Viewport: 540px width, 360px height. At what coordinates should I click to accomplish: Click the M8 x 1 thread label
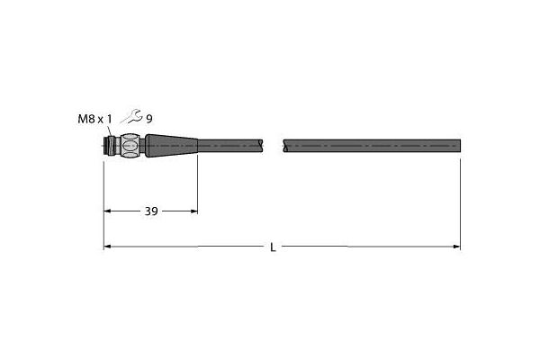[94, 119]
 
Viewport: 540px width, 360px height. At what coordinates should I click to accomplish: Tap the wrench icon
[131, 116]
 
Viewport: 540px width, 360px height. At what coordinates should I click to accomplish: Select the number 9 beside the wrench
[149, 119]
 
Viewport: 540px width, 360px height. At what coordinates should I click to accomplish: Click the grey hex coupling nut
[130, 146]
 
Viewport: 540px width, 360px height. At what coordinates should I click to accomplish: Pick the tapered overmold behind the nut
[171, 146]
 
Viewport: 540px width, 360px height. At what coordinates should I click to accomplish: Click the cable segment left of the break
[230, 146]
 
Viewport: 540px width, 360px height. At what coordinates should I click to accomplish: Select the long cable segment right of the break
[372, 146]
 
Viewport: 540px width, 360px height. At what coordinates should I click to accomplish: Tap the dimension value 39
[151, 211]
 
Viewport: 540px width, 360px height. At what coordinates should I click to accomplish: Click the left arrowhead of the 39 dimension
[107, 211]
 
